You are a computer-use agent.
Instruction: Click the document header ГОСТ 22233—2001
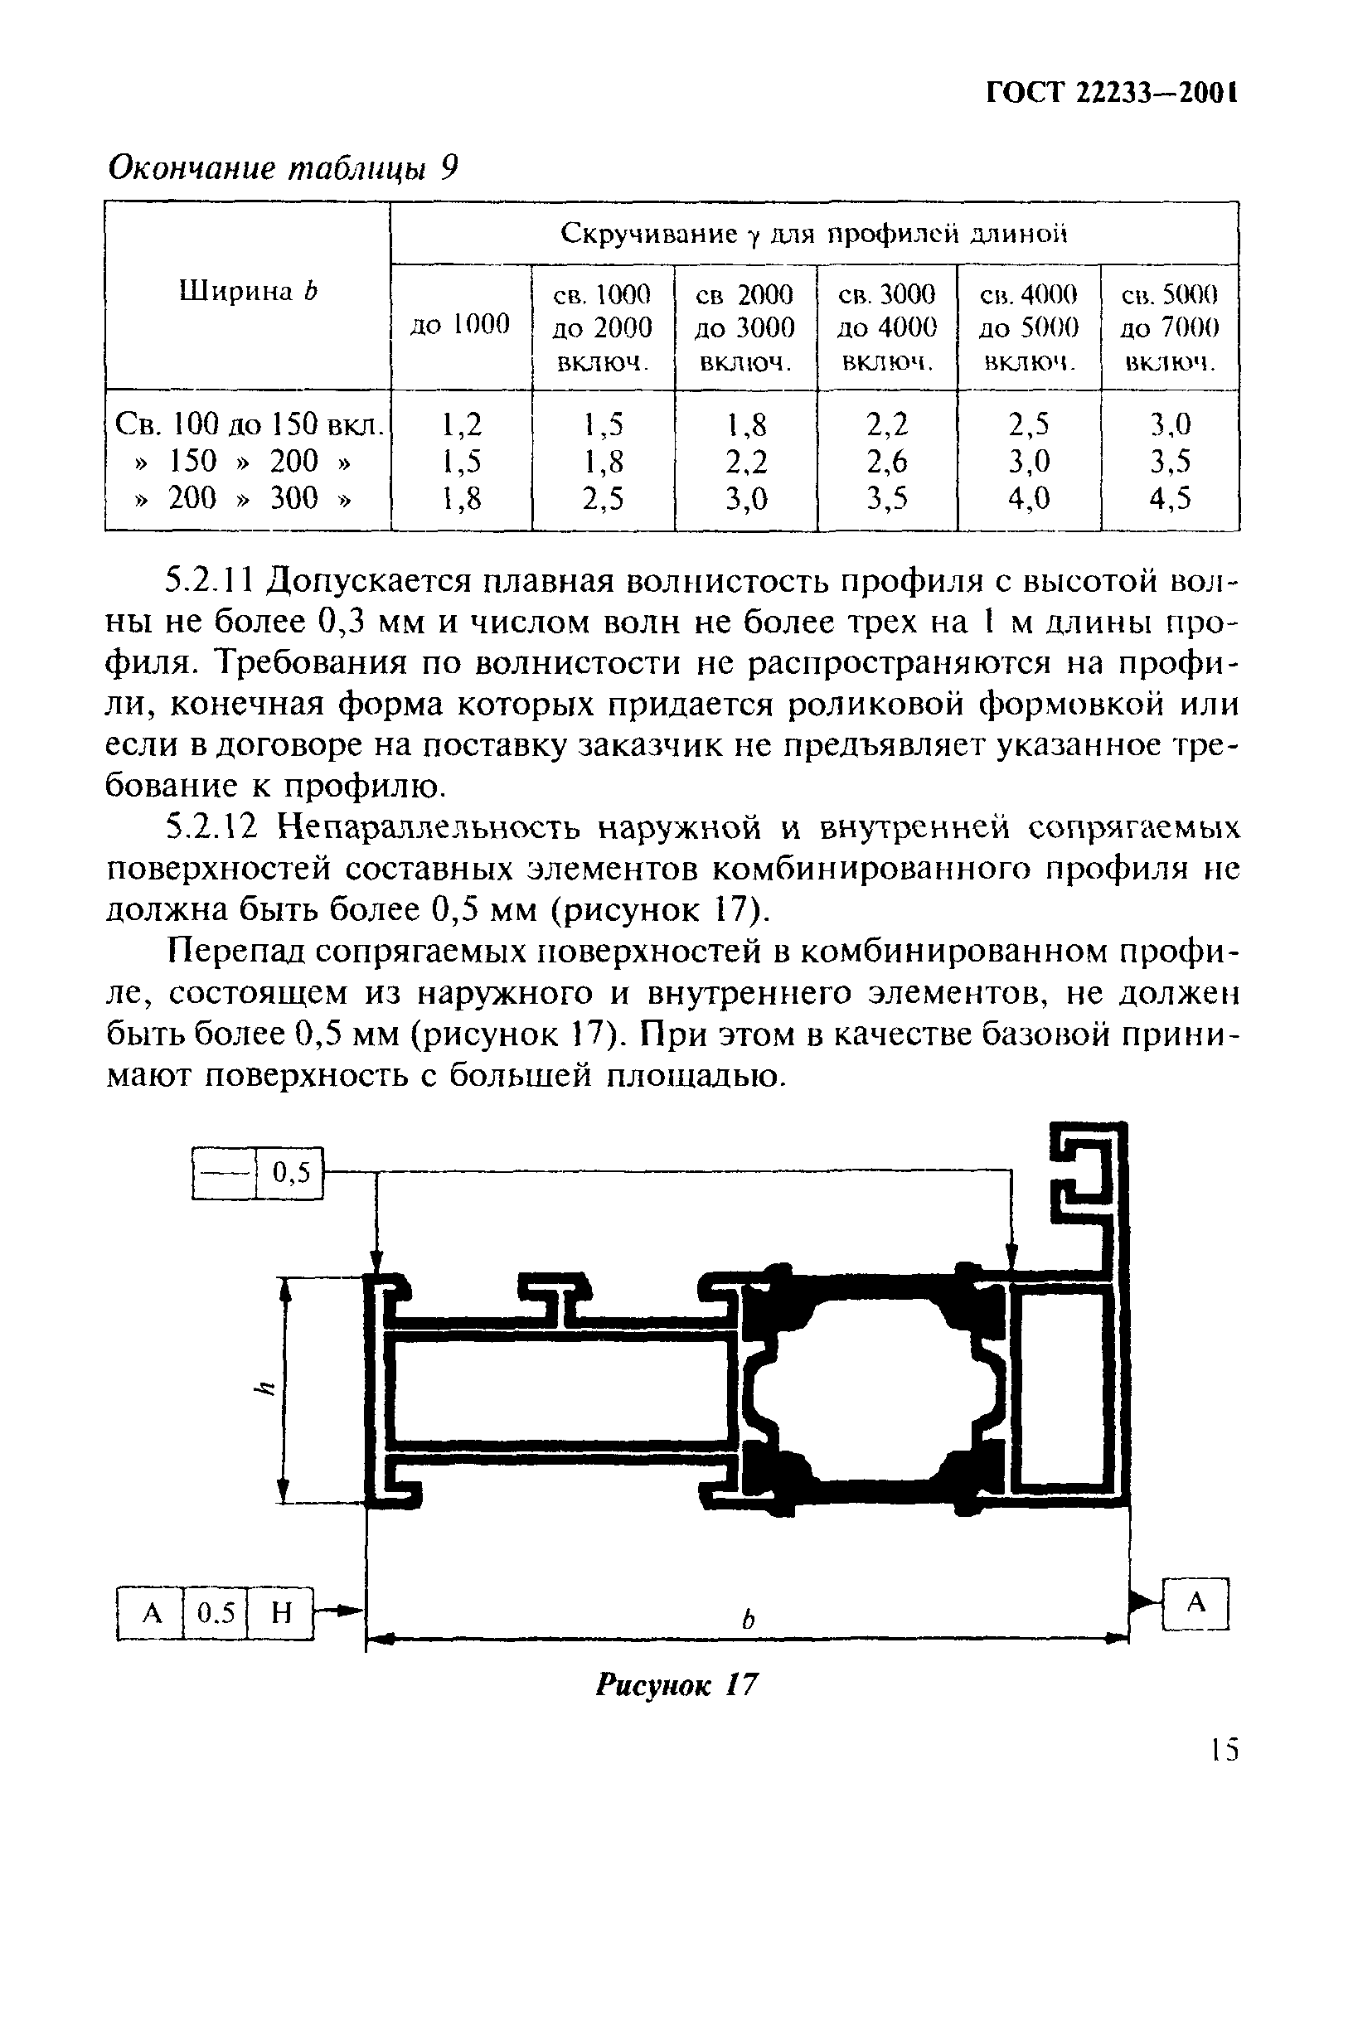click(1112, 93)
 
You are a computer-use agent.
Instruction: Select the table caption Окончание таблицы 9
click(281, 167)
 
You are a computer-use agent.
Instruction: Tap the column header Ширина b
click(249, 293)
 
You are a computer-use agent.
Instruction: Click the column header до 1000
click(460, 324)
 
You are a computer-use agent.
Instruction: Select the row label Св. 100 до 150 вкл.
click(249, 424)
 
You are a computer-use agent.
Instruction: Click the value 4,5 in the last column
click(1169, 499)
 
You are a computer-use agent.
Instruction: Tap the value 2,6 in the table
click(887, 462)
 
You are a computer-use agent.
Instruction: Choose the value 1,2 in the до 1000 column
click(462, 424)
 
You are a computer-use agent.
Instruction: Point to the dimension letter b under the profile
click(748, 1620)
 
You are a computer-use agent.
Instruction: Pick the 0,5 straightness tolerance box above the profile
click(291, 1172)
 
